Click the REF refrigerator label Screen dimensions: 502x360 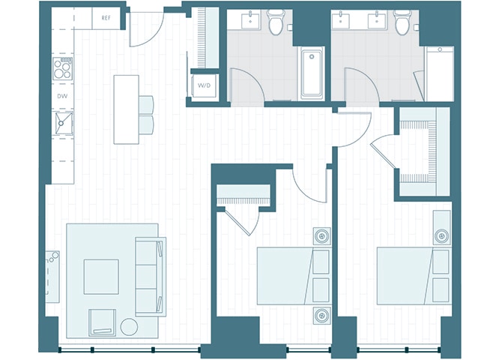click(x=106, y=18)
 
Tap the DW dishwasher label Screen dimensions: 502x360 click(x=62, y=96)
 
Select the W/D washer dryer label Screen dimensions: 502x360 click(x=204, y=85)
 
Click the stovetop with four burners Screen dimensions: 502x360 click(x=63, y=68)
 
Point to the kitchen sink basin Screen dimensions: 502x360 click(x=64, y=124)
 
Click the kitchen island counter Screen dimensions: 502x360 click(x=127, y=109)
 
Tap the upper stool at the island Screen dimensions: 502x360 click(x=146, y=105)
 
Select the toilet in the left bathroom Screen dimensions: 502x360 click(x=276, y=22)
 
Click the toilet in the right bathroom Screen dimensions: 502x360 click(x=403, y=22)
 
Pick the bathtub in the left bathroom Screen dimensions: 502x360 click(x=312, y=73)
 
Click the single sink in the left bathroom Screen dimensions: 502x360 click(x=250, y=20)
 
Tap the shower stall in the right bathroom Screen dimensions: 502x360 click(x=439, y=73)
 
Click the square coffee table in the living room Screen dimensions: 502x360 click(x=101, y=277)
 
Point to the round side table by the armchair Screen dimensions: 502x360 click(x=129, y=327)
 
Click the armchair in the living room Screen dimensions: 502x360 click(x=102, y=322)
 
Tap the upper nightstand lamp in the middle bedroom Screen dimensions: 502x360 click(x=321, y=236)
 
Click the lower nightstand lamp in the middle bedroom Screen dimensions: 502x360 click(x=321, y=316)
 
